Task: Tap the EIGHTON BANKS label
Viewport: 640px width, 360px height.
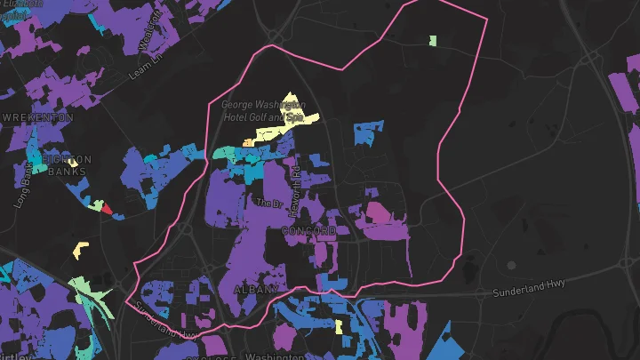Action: click(x=69, y=165)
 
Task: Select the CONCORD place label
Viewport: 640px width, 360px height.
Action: click(x=308, y=231)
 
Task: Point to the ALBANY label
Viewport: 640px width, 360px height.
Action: click(x=255, y=290)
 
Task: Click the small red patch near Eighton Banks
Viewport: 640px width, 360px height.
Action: click(x=107, y=210)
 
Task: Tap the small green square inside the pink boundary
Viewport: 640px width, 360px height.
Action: click(x=433, y=41)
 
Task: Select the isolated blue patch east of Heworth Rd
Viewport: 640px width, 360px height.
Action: click(x=367, y=132)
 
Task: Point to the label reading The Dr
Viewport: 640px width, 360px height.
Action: click(x=268, y=203)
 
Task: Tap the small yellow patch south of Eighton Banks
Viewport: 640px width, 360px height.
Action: click(x=81, y=250)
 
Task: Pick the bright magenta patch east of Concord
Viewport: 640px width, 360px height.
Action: click(x=378, y=212)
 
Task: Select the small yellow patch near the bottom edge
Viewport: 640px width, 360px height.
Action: click(x=339, y=327)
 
